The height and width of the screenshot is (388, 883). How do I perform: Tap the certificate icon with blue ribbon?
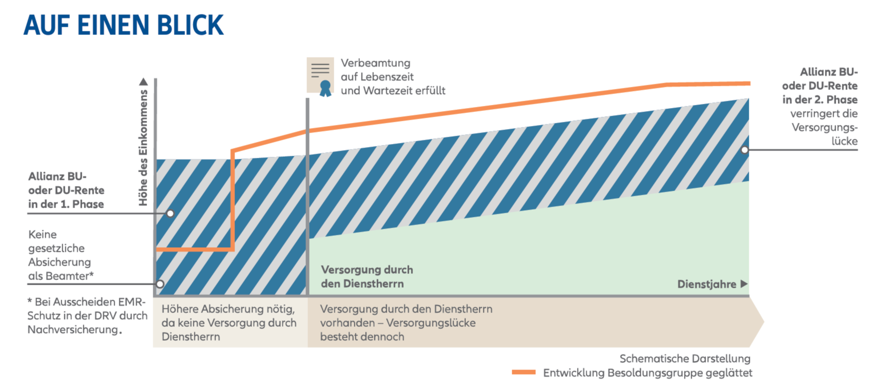tap(320, 76)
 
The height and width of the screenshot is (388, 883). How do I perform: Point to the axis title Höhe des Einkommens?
tap(143, 148)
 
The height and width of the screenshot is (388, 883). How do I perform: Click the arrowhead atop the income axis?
tap(143, 82)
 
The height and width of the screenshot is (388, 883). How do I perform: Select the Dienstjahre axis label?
tap(706, 284)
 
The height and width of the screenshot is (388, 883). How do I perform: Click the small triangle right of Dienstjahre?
tap(744, 284)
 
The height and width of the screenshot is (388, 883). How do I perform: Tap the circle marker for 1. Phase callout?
tap(170, 213)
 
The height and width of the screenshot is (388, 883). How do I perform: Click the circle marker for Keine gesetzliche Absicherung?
tap(160, 284)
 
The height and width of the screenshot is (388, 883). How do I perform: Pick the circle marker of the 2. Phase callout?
tap(744, 150)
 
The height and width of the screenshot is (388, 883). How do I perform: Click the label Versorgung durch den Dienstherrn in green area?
tap(367, 276)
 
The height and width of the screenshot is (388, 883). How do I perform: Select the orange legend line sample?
tap(524, 373)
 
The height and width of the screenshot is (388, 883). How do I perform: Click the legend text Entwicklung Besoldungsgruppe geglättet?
tap(647, 373)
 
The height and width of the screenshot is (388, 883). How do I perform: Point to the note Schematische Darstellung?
tap(684, 358)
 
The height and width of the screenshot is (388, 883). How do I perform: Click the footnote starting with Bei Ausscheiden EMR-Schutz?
tap(87, 316)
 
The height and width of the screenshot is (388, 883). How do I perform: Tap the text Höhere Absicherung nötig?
tap(228, 309)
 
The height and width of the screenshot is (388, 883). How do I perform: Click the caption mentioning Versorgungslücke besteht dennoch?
tap(406, 323)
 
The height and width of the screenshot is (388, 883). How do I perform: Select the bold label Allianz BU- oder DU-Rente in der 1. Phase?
tap(66, 190)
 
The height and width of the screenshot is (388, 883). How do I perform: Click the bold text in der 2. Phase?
tap(820, 100)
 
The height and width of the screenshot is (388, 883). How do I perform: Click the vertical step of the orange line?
tap(233, 200)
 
